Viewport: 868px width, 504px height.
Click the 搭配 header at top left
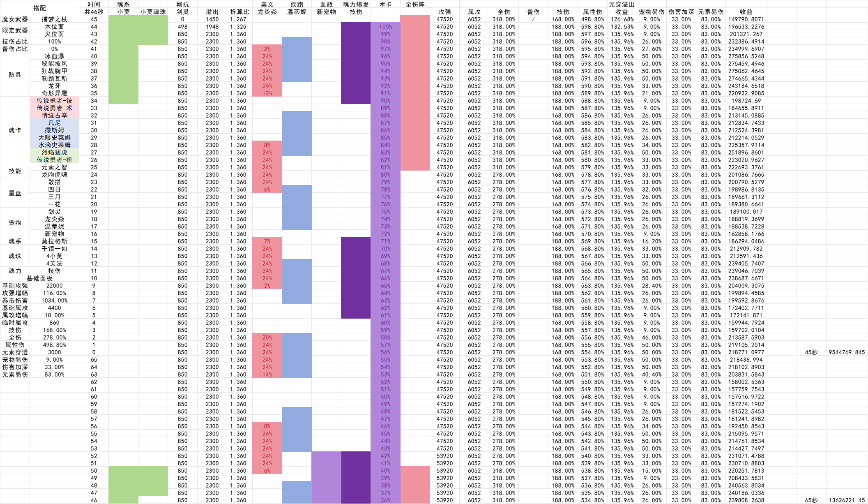click(x=39, y=8)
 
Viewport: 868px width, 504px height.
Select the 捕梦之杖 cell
click(x=54, y=19)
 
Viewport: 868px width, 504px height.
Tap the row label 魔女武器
click(x=15, y=19)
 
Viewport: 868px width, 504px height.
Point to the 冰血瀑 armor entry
click(x=54, y=56)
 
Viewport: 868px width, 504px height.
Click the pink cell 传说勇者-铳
click(x=54, y=101)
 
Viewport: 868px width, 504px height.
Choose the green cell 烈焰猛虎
click(x=54, y=153)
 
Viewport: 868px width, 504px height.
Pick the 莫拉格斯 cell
click(x=54, y=241)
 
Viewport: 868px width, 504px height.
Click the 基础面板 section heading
click(x=39, y=278)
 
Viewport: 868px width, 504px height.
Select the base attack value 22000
click(x=54, y=286)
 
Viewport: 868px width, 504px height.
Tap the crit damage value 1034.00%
click(x=54, y=301)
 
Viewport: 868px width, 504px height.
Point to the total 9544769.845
click(x=847, y=352)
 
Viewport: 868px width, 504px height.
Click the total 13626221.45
click(x=847, y=500)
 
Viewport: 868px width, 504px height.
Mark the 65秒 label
click(x=811, y=500)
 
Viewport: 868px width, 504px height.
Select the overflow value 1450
click(x=212, y=19)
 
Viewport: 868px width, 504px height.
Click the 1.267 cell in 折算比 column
click(x=238, y=19)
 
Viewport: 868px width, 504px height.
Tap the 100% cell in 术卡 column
click(x=385, y=27)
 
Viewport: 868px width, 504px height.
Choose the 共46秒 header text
click(x=94, y=12)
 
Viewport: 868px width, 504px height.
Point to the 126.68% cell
click(x=622, y=19)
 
